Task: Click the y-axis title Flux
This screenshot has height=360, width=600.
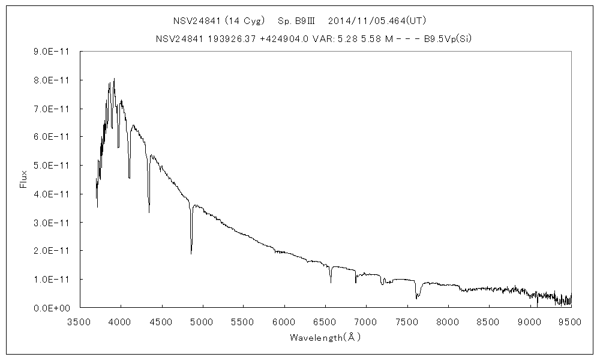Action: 24,179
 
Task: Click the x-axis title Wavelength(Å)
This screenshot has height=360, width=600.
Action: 325,337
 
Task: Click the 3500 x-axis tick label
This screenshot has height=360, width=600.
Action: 80,322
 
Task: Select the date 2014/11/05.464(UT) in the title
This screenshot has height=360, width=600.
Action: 374,20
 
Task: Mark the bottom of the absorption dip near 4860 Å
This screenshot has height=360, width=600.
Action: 191,253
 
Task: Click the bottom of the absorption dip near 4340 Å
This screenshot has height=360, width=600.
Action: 149,212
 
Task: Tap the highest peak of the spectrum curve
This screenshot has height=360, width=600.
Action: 114,79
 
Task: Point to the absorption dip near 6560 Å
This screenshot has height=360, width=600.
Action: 331,282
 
